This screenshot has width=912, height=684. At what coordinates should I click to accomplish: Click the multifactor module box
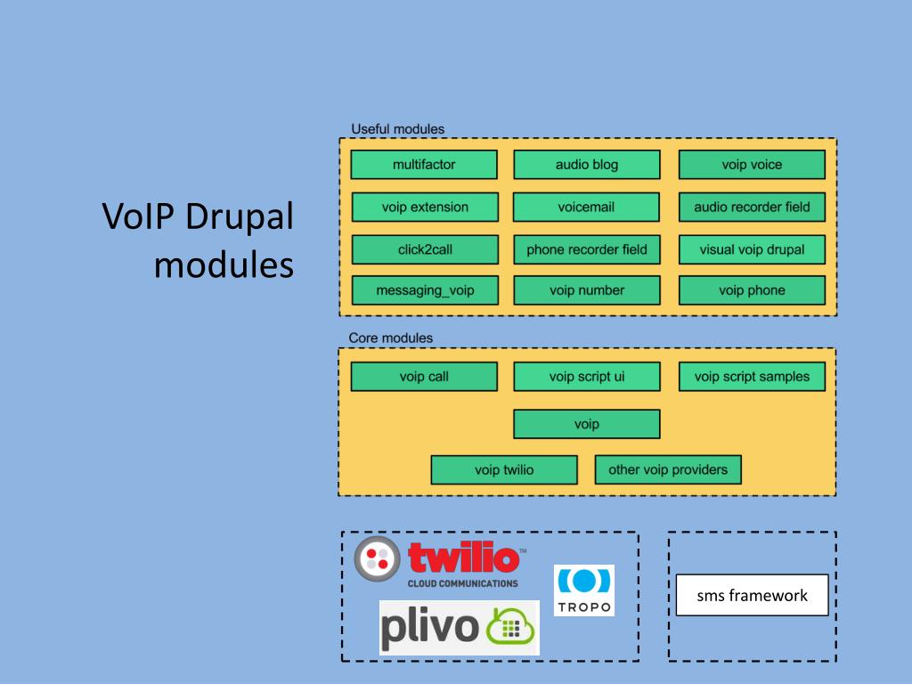coord(424,165)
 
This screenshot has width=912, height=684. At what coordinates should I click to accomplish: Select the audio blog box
coord(587,165)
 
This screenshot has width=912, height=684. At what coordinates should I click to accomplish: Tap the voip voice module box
coord(752,165)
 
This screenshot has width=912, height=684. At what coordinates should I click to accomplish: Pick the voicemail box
coord(586,207)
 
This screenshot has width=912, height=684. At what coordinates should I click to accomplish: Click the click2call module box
coord(425,249)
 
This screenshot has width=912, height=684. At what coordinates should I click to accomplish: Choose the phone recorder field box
coord(587,249)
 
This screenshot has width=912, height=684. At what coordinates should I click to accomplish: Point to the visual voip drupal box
coord(752,249)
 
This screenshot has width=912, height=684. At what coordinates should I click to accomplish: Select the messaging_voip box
coord(425,290)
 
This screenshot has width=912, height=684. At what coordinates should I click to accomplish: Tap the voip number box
coord(587,290)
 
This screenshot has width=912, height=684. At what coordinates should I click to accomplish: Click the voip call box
coord(424,377)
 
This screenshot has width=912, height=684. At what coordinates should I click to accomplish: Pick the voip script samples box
coord(752,377)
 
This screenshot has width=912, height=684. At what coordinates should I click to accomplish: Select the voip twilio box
coord(504,470)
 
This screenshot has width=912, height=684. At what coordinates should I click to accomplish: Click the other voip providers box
coord(668,470)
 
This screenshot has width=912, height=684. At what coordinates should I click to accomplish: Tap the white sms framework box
coord(752,595)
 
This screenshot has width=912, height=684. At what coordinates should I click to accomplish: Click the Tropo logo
coord(584,590)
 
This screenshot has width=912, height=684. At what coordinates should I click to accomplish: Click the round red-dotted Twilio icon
coord(378,559)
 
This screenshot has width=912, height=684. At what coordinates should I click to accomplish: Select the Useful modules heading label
coord(398,129)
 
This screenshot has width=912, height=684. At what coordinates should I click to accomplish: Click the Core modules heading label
coord(391,338)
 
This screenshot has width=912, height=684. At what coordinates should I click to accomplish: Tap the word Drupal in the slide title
coord(240,216)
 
